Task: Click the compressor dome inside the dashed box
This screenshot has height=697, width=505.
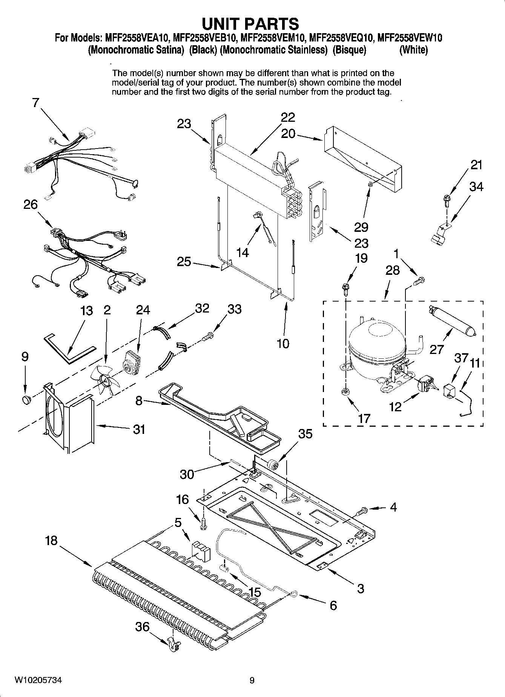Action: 375,345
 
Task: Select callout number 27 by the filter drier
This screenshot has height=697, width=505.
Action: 436,349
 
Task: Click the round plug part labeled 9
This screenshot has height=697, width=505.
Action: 26,399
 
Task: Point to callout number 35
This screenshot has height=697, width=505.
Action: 305,434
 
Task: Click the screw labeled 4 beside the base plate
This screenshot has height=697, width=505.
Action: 361,511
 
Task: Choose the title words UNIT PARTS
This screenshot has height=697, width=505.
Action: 250,24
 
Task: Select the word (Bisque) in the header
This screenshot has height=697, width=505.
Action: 349,50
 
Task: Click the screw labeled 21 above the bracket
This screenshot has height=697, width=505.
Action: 446,198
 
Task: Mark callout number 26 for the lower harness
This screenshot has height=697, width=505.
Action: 31,205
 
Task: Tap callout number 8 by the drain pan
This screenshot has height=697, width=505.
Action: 139,400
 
